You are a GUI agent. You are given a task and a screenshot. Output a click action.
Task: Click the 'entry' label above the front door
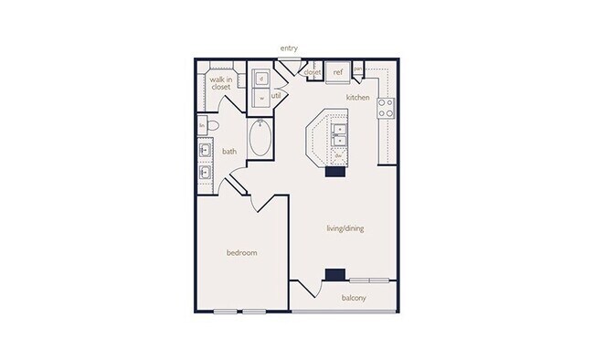[x=290, y=48]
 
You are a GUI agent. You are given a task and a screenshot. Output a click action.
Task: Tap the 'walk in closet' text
[x=221, y=83]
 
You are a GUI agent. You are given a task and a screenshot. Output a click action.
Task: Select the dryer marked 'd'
[x=261, y=78]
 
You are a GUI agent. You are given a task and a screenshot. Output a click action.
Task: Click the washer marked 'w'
[x=261, y=97]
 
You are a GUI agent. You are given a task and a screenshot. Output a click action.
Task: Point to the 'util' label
[x=275, y=94]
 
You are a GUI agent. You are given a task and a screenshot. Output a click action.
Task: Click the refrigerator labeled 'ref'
[x=337, y=71]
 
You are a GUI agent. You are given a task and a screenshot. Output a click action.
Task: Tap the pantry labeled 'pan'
[x=358, y=69]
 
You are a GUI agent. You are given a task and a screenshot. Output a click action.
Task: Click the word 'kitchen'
[x=356, y=96]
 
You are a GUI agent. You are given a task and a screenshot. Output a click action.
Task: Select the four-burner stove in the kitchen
[x=386, y=108]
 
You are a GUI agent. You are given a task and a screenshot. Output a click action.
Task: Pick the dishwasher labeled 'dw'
[x=337, y=155]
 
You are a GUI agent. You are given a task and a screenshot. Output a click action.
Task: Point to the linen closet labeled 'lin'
[x=201, y=124]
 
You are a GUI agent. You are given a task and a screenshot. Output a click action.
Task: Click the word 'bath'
[x=229, y=153]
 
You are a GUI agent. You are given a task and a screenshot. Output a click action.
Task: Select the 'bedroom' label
[x=242, y=252]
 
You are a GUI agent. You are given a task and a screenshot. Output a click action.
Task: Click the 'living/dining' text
[x=345, y=228]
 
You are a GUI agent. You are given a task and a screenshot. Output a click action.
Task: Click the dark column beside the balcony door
[x=335, y=274]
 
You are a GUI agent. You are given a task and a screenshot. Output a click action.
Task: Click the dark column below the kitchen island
[x=334, y=170]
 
